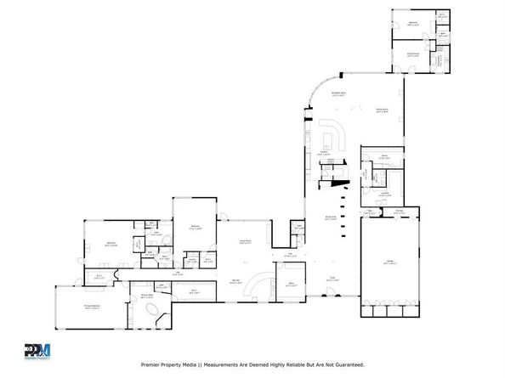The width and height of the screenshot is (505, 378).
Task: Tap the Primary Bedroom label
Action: click(x=92, y=306)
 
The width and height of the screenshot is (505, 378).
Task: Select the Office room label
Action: click(x=291, y=284)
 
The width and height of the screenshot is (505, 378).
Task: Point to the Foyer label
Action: click(x=332, y=278)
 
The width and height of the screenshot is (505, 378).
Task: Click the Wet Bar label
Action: click(x=236, y=282)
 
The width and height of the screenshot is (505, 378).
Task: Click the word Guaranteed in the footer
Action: click(x=347, y=364)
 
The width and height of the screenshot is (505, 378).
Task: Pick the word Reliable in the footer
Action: click(x=294, y=364)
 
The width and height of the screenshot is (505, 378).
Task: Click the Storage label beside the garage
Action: click(x=397, y=210)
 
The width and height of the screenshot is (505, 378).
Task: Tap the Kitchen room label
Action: click(x=323, y=154)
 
